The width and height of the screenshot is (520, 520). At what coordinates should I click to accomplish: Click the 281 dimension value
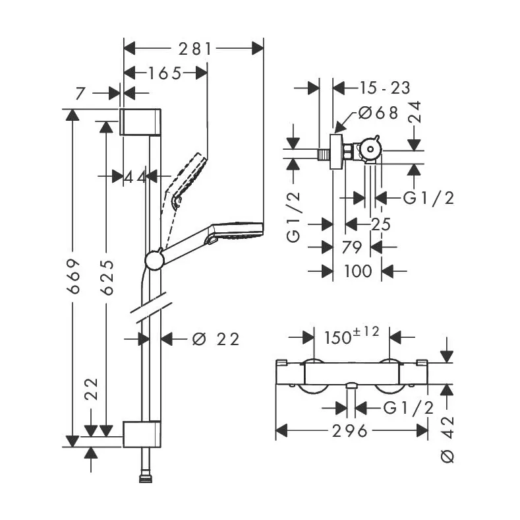[x=195, y=49]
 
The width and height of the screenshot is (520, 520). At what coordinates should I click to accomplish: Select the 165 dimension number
[x=165, y=73]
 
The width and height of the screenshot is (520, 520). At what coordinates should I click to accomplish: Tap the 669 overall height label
[x=73, y=276]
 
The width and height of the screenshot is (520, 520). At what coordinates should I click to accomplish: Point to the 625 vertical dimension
[x=107, y=278]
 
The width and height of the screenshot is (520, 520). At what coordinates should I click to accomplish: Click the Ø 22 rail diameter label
[x=216, y=339]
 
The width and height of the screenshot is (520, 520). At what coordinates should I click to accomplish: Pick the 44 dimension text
[x=134, y=178]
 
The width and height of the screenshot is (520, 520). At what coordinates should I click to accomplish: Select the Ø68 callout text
[x=378, y=113]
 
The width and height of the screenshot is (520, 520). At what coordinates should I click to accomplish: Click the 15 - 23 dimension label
[x=385, y=88]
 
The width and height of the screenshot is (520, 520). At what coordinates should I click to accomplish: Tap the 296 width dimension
[x=350, y=431]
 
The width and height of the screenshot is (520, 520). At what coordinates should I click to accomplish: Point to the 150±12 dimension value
[x=351, y=335]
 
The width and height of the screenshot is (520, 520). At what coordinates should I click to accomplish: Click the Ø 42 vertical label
[x=448, y=439]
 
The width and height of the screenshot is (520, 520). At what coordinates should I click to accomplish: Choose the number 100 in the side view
[x=358, y=271]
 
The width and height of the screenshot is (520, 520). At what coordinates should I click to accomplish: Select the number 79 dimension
[x=351, y=247]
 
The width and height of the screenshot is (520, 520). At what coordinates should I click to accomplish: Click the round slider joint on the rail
[x=154, y=260]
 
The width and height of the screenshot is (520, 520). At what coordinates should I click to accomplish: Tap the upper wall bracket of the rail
[x=140, y=122]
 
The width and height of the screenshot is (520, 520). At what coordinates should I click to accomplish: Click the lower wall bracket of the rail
[x=142, y=434]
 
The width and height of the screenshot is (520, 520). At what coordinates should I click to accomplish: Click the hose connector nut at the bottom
[x=145, y=478]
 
